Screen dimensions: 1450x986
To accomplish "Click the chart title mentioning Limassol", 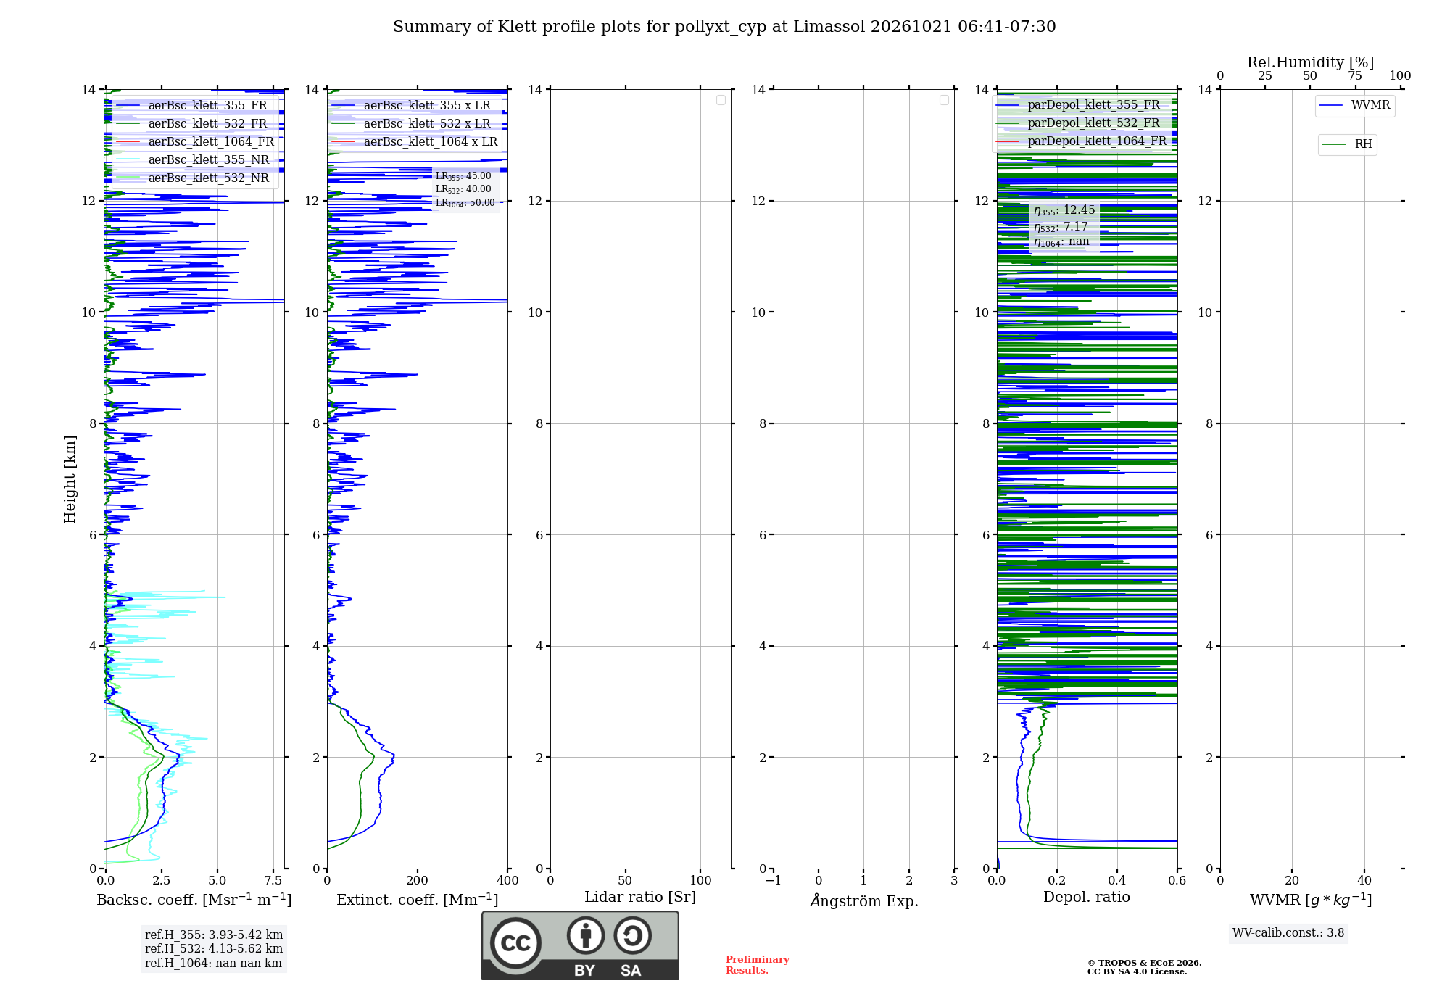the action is pyautogui.click(x=724, y=27).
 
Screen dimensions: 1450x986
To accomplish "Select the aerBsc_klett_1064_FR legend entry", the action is pyautogui.click(x=195, y=141).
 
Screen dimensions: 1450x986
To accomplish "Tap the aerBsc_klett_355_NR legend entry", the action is pyautogui.click(x=193, y=159).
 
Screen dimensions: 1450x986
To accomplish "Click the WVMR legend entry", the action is pyautogui.click(x=1355, y=105).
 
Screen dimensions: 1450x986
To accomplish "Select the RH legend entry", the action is pyautogui.click(x=1347, y=144).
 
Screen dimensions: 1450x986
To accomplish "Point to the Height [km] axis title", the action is pyautogui.click(x=70, y=479).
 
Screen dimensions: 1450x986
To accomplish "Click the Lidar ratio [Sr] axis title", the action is pyautogui.click(x=640, y=897).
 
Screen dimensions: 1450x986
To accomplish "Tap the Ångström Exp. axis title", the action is pyautogui.click(x=864, y=900).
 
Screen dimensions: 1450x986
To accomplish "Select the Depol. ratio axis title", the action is pyautogui.click(x=1087, y=897).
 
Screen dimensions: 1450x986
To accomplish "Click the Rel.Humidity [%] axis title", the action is pyautogui.click(x=1311, y=62).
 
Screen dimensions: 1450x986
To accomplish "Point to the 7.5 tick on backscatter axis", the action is pyautogui.click(x=273, y=880).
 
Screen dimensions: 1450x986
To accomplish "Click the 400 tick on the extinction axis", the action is pyautogui.click(x=507, y=880).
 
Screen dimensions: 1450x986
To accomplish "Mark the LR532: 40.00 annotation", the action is pyautogui.click(x=463, y=189).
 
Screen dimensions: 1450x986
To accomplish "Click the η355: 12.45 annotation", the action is pyautogui.click(x=1064, y=210).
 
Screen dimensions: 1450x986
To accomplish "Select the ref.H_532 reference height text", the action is pyautogui.click(x=214, y=948).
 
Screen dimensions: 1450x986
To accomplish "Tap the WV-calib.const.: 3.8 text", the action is pyautogui.click(x=1288, y=933).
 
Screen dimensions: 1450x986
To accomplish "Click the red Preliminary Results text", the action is pyautogui.click(x=758, y=965).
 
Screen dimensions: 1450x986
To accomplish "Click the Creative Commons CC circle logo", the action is pyautogui.click(x=515, y=943).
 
